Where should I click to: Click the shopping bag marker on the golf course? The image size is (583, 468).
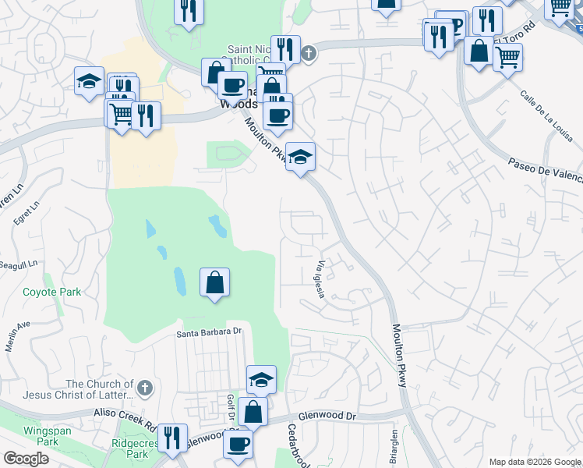[x=214, y=283]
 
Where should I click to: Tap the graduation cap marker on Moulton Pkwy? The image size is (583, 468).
[x=300, y=158]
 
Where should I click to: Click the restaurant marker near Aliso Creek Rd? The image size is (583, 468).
[x=172, y=438]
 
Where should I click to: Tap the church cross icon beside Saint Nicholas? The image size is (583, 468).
[x=309, y=53]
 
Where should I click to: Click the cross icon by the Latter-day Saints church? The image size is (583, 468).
[x=143, y=388]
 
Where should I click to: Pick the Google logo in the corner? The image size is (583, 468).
[x=26, y=459]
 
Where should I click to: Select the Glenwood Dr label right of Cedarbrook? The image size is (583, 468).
[x=330, y=417]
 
